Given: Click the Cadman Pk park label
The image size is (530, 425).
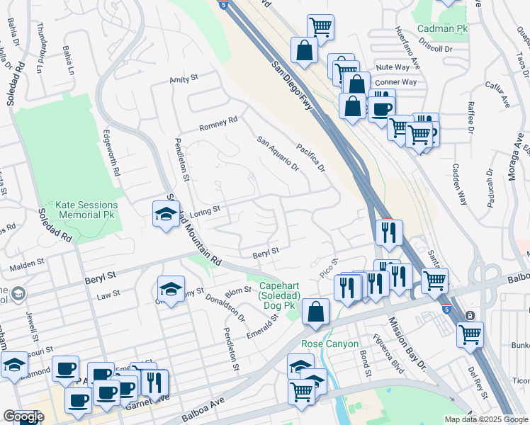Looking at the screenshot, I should coord(443,28).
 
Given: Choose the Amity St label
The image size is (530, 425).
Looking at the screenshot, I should coord(184,80).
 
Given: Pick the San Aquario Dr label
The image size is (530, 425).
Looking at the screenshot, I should coord(278,154).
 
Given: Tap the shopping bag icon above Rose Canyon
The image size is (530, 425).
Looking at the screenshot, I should coord(315,312).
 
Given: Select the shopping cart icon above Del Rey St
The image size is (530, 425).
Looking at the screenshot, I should coord(470,334).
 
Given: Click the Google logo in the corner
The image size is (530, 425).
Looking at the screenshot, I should coord(23,416).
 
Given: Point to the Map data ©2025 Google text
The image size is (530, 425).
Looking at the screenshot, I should coord(486,419).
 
